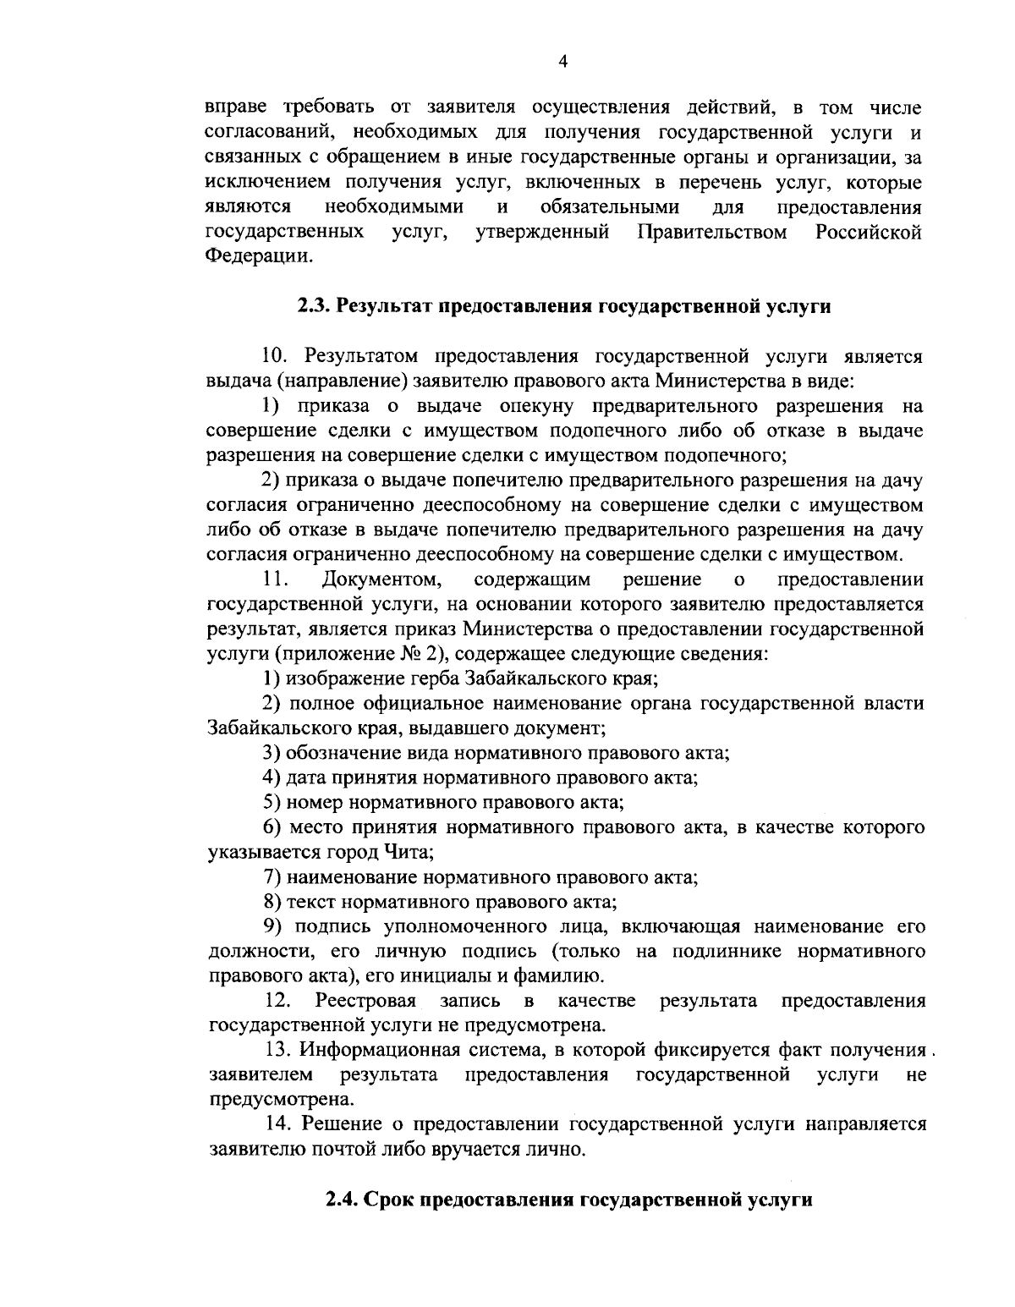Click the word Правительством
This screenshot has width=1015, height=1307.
tap(713, 232)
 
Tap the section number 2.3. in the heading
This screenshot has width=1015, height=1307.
tap(315, 306)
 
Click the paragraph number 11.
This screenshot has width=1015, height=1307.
tap(276, 579)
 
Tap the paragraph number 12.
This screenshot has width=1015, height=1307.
tap(277, 1001)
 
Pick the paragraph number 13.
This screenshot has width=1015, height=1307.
tap(277, 1050)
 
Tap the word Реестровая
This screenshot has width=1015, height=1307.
tap(365, 1001)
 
